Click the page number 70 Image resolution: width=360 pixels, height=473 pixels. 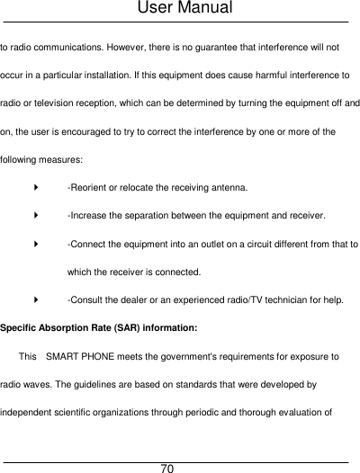(167, 469)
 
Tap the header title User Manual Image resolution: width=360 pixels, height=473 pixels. (181, 9)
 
